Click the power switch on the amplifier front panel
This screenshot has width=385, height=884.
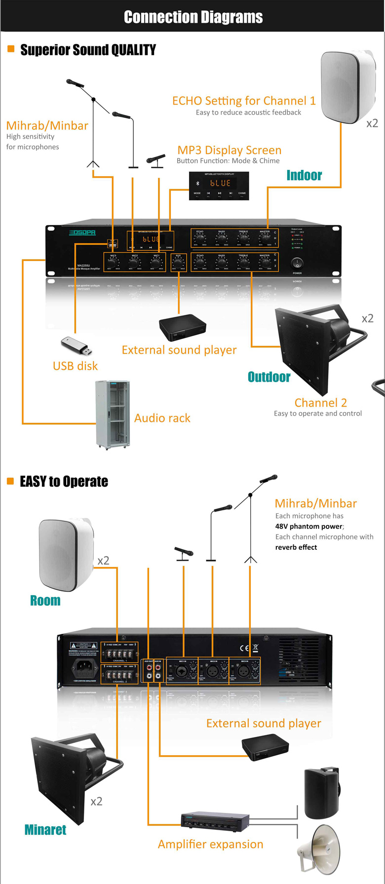pos(297,263)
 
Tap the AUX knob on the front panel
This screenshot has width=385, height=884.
pos(178,263)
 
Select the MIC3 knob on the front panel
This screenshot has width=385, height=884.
pos(113,263)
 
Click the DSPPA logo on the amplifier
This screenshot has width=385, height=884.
pos(82,232)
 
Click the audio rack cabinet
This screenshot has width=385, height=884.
pos(113,415)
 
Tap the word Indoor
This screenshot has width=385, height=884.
pos(304,175)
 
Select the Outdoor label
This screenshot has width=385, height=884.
pos(269,377)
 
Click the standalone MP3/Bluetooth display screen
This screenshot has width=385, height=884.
pos(219,186)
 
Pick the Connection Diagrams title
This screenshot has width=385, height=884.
pos(193,17)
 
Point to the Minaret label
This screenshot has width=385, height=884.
pos(45,830)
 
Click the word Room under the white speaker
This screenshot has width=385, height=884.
pos(45,601)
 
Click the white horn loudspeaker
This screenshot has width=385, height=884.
pos(319,849)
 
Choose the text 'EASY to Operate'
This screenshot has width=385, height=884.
pos(64,482)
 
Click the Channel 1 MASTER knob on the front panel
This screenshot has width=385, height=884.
pos(265,238)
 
